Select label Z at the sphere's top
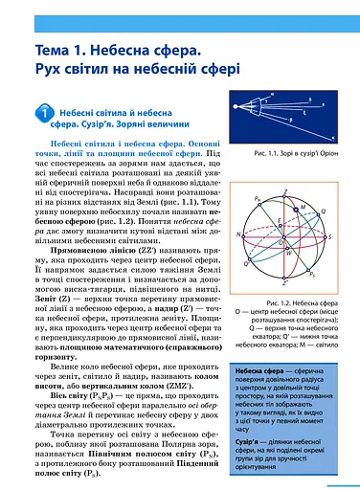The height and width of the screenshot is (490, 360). tap(285, 194)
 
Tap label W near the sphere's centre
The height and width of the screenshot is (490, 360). tap(290, 252)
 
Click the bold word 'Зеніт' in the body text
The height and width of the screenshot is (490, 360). tap(33, 269)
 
